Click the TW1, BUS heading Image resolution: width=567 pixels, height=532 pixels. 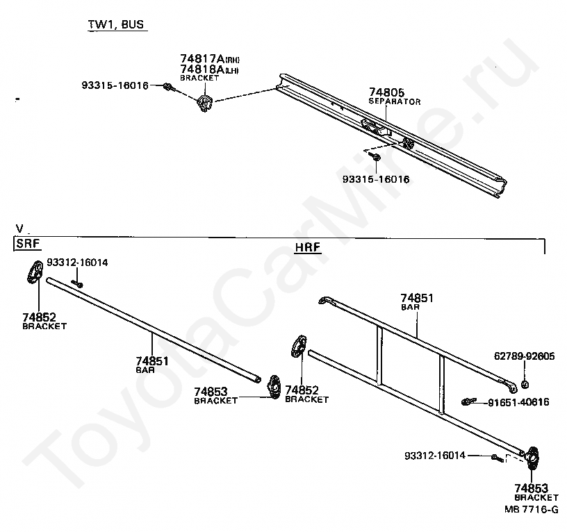[117, 24]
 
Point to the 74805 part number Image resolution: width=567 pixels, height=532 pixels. [386, 92]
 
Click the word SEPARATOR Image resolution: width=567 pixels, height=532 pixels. [394, 101]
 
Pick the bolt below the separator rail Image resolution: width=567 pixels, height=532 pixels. [376, 158]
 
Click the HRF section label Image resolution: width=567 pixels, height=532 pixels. [307, 247]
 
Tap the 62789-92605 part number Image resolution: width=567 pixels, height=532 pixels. [525, 357]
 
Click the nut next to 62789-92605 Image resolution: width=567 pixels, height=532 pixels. [525, 384]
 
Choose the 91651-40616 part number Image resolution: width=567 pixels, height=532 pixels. [518, 402]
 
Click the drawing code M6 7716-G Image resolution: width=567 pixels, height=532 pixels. [531, 509]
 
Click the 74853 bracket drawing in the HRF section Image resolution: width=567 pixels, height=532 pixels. [533, 459]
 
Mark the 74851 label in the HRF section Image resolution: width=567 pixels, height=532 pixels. [416, 298]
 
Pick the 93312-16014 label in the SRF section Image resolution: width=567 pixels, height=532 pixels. [77, 263]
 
